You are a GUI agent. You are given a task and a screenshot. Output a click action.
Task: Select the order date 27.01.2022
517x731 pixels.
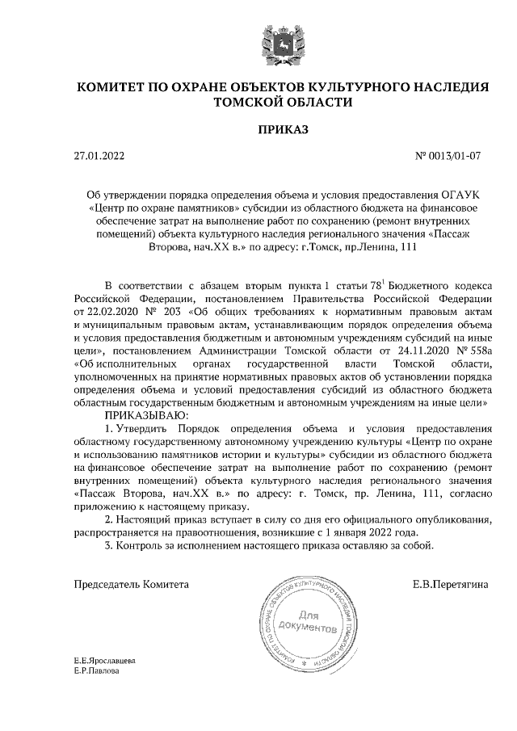coord(99,156)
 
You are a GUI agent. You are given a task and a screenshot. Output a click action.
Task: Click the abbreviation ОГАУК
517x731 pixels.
coord(461,195)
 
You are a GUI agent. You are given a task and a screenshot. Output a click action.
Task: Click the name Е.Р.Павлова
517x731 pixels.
coord(96,670)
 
